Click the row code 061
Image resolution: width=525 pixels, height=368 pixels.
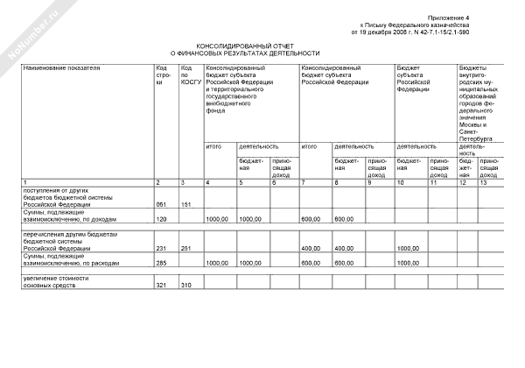[x=161, y=204]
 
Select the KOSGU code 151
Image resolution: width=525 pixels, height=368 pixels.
[x=186, y=204]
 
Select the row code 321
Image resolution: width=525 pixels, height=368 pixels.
[x=161, y=286]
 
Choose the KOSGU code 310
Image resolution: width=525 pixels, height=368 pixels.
[x=186, y=286]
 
